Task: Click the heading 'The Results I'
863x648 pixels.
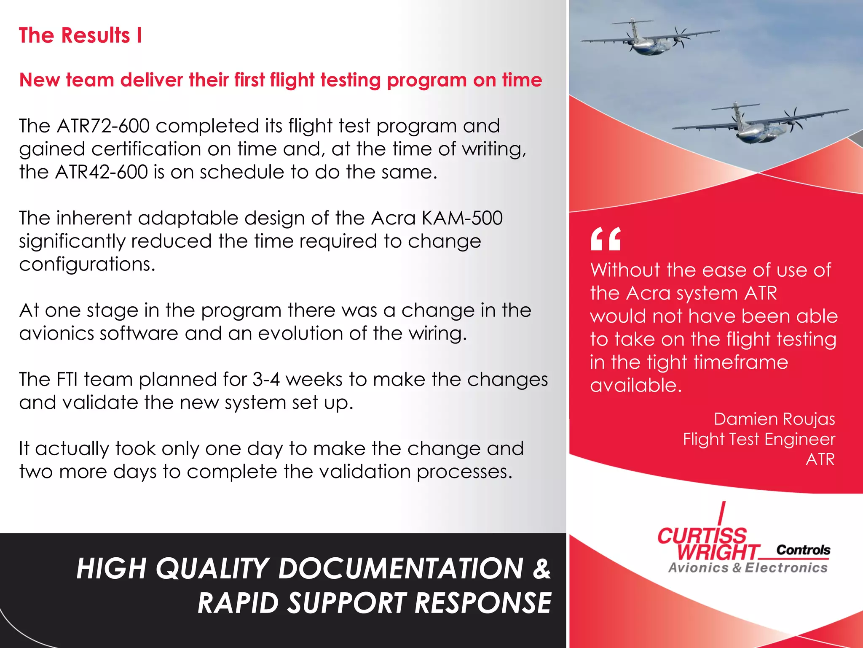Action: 80,35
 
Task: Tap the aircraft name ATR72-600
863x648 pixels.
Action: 103,126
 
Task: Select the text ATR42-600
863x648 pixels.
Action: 102,172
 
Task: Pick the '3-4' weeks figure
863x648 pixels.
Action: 266,380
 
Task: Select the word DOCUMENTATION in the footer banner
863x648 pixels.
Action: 401,569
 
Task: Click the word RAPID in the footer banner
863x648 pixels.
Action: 239,603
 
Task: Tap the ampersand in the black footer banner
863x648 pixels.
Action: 541,569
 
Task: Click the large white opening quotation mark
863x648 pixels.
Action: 606,239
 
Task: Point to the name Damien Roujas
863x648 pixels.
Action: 774,419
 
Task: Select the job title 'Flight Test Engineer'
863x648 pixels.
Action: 759,440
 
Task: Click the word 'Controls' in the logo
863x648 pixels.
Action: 803,550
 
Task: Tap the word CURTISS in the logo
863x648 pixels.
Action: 702,536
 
